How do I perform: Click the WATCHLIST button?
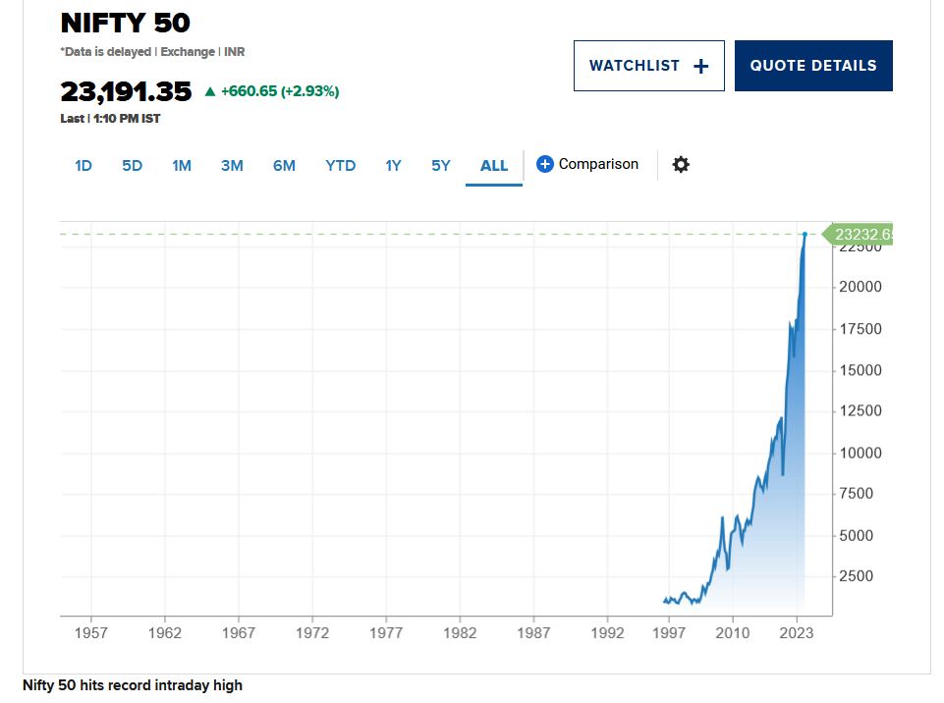(648, 66)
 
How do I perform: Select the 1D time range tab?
(83, 166)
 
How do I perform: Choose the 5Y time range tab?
(441, 166)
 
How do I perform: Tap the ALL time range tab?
(494, 166)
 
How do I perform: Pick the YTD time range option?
(341, 166)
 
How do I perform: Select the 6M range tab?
(284, 166)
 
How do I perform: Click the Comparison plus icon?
(545, 164)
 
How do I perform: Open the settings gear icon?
(681, 165)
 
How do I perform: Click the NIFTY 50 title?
(126, 23)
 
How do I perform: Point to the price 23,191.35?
(126, 91)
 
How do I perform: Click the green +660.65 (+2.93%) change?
(280, 91)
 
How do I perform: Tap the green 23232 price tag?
(861, 235)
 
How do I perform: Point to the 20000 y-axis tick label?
(860, 287)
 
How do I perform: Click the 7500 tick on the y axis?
(856, 494)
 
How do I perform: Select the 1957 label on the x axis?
(91, 633)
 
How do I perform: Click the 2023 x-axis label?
(797, 633)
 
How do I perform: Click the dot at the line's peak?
(805, 235)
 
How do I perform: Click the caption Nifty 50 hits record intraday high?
(133, 685)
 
